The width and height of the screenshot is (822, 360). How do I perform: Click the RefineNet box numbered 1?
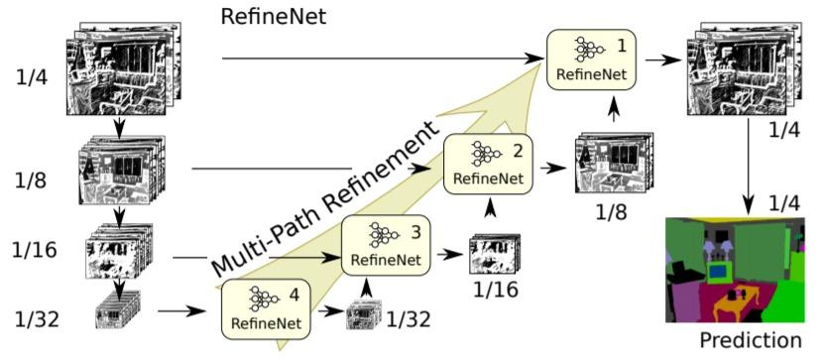[x=592, y=59]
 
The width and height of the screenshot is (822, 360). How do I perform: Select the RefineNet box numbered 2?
[x=487, y=164]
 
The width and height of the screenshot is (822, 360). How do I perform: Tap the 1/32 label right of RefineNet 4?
[x=410, y=319]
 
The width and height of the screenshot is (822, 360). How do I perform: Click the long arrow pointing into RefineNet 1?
[x=377, y=59]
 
